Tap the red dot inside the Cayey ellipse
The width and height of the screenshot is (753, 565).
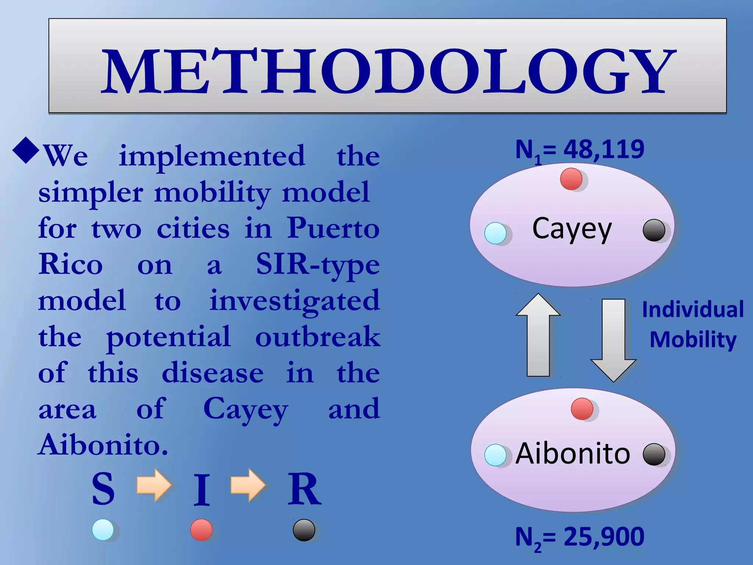coord(571,179)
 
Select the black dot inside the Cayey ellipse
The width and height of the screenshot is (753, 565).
coord(654,230)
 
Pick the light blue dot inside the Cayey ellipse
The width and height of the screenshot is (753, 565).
coord(495,233)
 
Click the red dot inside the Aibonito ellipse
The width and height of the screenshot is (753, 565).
coord(582,409)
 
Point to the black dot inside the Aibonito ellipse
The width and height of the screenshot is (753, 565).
coord(654,454)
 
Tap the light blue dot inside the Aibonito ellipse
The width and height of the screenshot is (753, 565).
coord(495,455)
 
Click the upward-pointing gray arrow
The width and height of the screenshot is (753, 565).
coord(538,335)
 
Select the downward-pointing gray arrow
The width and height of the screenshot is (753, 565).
coord(613,340)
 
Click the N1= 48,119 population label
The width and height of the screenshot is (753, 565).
coord(579,150)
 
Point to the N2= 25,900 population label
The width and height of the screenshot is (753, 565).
coord(579,537)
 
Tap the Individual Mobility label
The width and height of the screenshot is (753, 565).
coord(693,324)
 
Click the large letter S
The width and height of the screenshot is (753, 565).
coord(103,489)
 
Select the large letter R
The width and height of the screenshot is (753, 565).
coord(304,489)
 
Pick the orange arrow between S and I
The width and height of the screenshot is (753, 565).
coord(154,485)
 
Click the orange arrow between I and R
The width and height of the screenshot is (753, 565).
coord(248,485)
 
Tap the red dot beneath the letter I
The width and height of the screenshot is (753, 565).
coord(201,530)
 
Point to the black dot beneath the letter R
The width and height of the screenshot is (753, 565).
coord(304,530)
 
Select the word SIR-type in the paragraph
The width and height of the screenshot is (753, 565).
coord(318,264)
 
